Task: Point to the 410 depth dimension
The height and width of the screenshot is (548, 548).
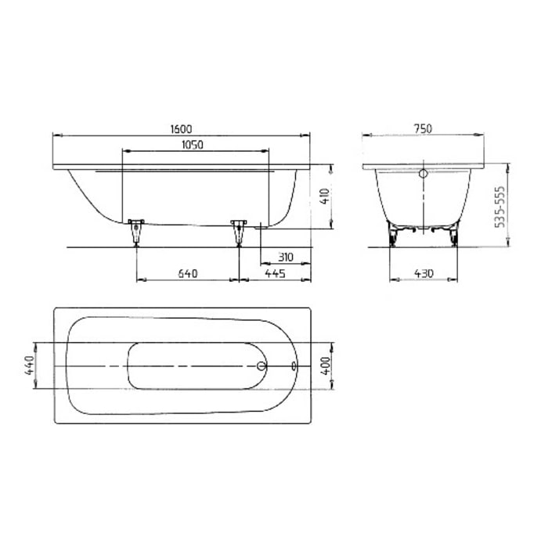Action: (x=323, y=194)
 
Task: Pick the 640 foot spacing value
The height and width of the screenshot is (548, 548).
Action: (x=187, y=273)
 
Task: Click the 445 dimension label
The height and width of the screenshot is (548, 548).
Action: (x=274, y=273)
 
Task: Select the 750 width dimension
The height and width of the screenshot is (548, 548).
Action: (x=424, y=129)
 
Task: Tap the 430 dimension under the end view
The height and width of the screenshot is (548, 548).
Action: (x=423, y=273)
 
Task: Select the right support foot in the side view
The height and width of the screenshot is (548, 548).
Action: (x=239, y=232)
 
